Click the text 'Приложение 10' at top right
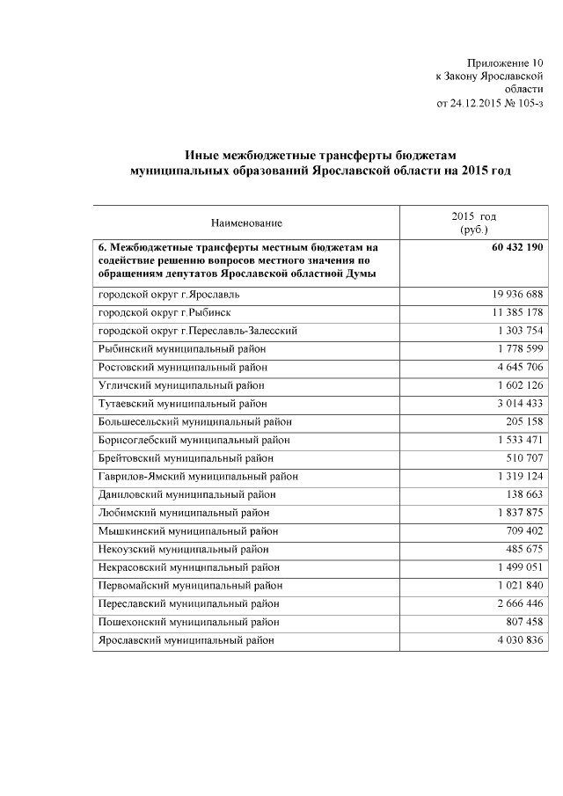click(x=505, y=62)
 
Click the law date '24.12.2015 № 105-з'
click(x=497, y=102)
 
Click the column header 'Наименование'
click(x=247, y=223)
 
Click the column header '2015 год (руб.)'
click(x=473, y=223)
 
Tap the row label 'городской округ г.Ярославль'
click(x=168, y=293)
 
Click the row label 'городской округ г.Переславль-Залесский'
click(x=197, y=331)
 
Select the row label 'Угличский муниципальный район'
click(x=181, y=385)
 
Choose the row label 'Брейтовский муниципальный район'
click(x=186, y=458)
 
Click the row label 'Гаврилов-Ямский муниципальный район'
click(x=198, y=477)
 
